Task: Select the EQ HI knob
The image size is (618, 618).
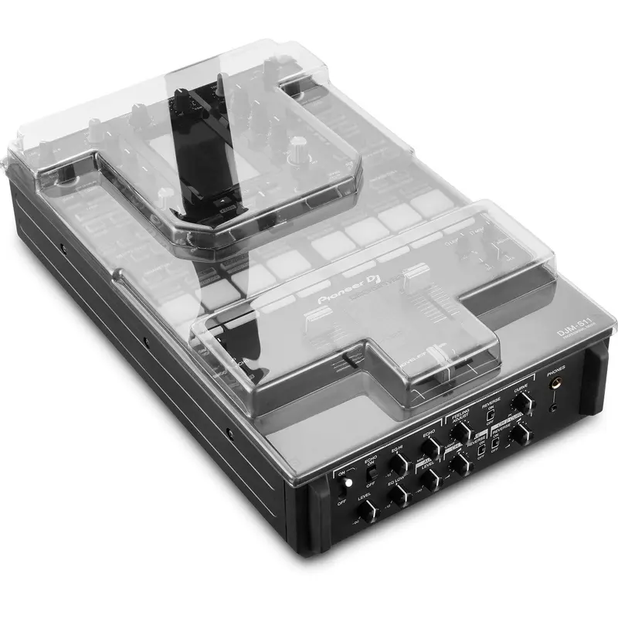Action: point(399,463)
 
